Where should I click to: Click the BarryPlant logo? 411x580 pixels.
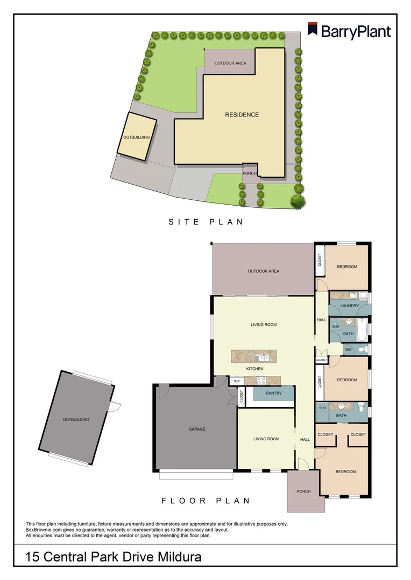(349, 31)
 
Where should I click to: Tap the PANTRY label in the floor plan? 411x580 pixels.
(274, 393)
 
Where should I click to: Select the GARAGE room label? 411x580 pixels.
(196, 429)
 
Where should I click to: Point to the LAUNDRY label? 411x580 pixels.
(349, 306)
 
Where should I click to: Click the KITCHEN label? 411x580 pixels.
(254, 369)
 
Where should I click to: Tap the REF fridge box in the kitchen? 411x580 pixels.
(236, 381)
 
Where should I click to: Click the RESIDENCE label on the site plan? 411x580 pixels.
(242, 114)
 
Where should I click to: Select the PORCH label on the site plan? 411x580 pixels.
(250, 173)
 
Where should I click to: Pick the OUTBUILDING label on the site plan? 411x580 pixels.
(136, 137)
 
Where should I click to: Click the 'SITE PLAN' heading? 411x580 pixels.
(206, 221)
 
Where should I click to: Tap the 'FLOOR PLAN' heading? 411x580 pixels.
(206, 501)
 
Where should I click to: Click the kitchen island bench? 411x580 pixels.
(253, 357)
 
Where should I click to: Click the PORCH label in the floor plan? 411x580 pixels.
(303, 491)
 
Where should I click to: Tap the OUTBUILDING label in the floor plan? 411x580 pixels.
(76, 419)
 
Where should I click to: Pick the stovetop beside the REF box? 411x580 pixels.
(261, 381)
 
